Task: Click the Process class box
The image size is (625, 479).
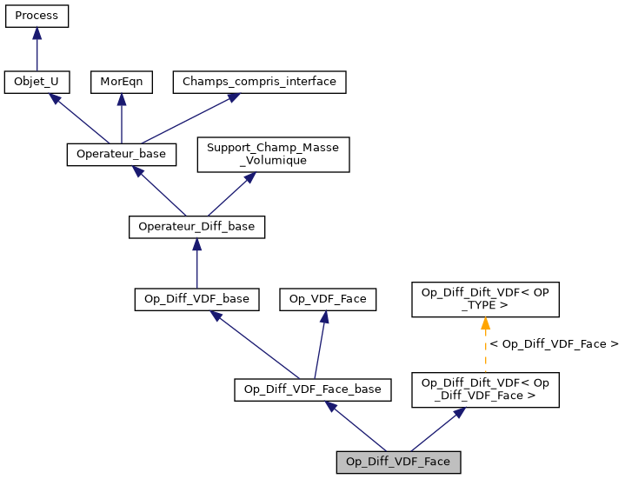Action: click(x=37, y=16)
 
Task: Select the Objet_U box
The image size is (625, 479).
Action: click(x=37, y=83)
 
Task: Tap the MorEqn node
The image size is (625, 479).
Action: click(x=122, y=83)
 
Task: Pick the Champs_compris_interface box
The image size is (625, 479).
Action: click(x=259, y=83)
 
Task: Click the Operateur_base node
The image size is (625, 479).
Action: click(x=122, y=154)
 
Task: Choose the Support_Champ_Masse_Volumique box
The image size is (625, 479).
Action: click(x=273, y=154)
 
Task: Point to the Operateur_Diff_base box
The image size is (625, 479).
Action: click(x=196, y=227)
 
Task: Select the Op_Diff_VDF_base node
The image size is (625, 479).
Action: click(x=196, y=299)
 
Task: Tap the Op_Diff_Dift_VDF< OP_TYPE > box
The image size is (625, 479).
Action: click(x=485, y=299)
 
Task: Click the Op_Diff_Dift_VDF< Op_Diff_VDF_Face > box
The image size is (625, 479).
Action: click(x=485, y=389)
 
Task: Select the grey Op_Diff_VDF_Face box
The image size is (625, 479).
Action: click(x=398, y=462)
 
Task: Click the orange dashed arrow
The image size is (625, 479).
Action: click(x=485, y=348)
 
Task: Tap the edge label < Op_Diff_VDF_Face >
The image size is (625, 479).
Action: click(x=554, y=344)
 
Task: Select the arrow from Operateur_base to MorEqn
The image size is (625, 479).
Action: click(x=122, y=118)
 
